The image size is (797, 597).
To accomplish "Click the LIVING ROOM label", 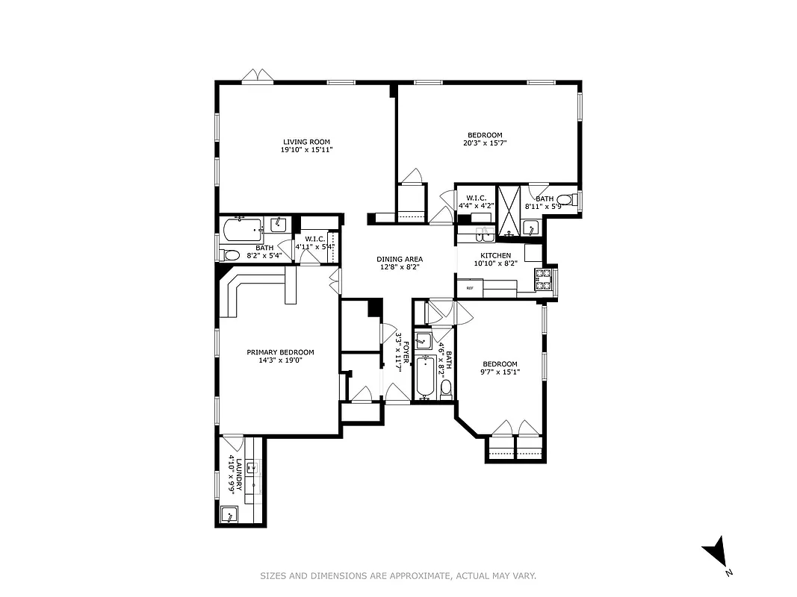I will [306, 142].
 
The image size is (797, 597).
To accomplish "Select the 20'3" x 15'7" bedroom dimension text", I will [490, 143].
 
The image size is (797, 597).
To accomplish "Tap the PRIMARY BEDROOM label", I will [280, 352].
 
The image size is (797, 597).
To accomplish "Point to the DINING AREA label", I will [400, 259].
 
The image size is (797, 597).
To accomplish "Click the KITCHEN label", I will [495, 256].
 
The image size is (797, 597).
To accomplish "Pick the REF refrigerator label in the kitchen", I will [470, 288].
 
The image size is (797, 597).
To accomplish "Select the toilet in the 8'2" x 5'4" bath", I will [231, 254].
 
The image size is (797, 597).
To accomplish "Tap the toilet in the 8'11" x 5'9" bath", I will [569, 200].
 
